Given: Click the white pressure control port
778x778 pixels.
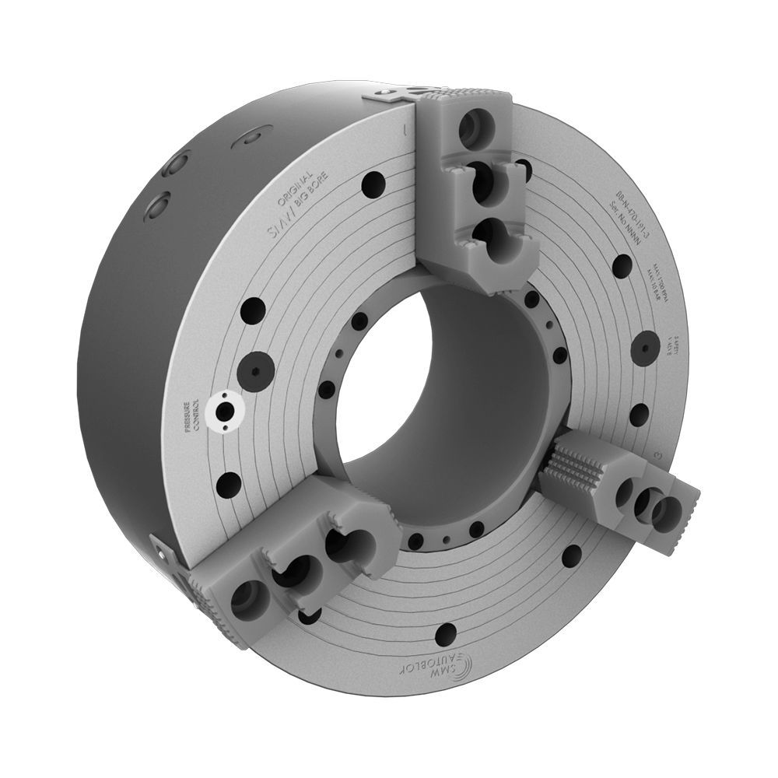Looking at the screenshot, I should pos(225,407).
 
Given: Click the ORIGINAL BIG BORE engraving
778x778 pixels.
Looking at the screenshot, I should pos(301,191).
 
